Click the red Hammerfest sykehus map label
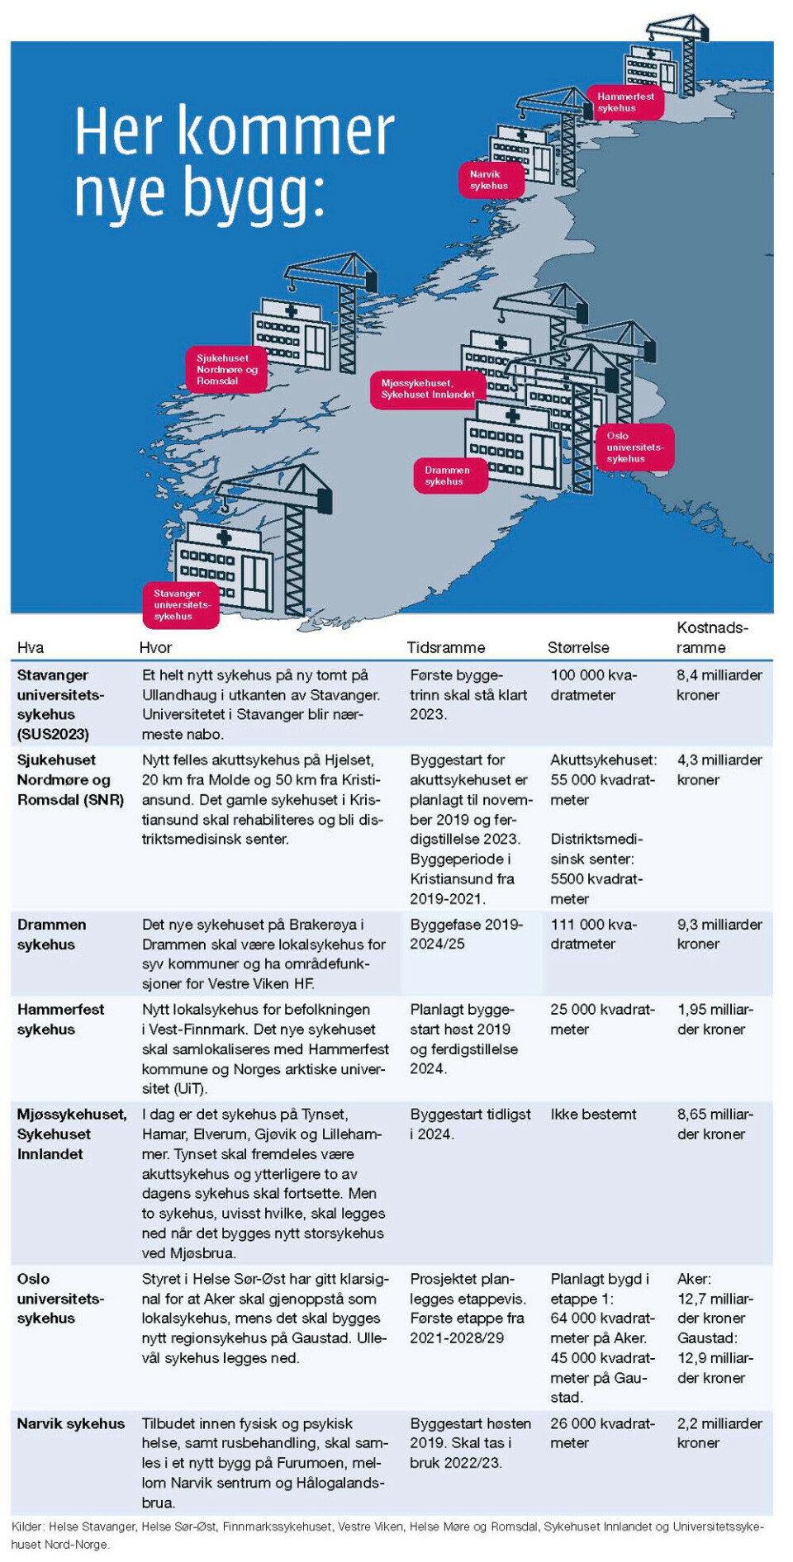[625, 102]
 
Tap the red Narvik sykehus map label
[491, 180]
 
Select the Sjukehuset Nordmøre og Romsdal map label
[226, 369]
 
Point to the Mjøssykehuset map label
[427, 389]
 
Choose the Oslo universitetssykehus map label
[634, 447]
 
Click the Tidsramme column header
[446, 648]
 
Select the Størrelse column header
[578, 648]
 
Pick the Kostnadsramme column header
[711, 637]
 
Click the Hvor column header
[155, 648]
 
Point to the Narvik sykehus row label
[71, 1423]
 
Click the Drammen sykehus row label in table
[52, 935]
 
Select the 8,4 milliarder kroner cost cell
[719, 684]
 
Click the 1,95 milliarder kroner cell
[715, 1019]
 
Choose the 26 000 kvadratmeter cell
[602, 1433]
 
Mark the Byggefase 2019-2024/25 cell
[466, 934]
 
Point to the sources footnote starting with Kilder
[388, 1535]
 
